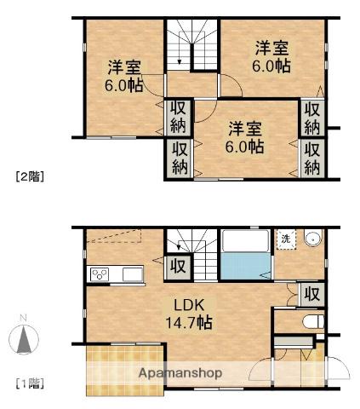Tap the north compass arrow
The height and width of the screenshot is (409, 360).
(x=24, y=338)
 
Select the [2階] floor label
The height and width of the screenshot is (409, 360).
(x=30, y=177)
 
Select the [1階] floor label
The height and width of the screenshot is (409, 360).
(x=30, y=383)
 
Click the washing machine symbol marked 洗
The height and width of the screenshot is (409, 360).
(x=287, y=239)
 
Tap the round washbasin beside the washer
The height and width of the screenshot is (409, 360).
(x=312, y=239)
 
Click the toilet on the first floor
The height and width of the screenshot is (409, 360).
(x=310, y=321)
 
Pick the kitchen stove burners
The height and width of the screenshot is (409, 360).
(x=99, y=274)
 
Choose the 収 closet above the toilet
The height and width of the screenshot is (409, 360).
(x=312, y=294)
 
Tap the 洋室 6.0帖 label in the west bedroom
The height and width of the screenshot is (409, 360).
(x=123, y=78)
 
